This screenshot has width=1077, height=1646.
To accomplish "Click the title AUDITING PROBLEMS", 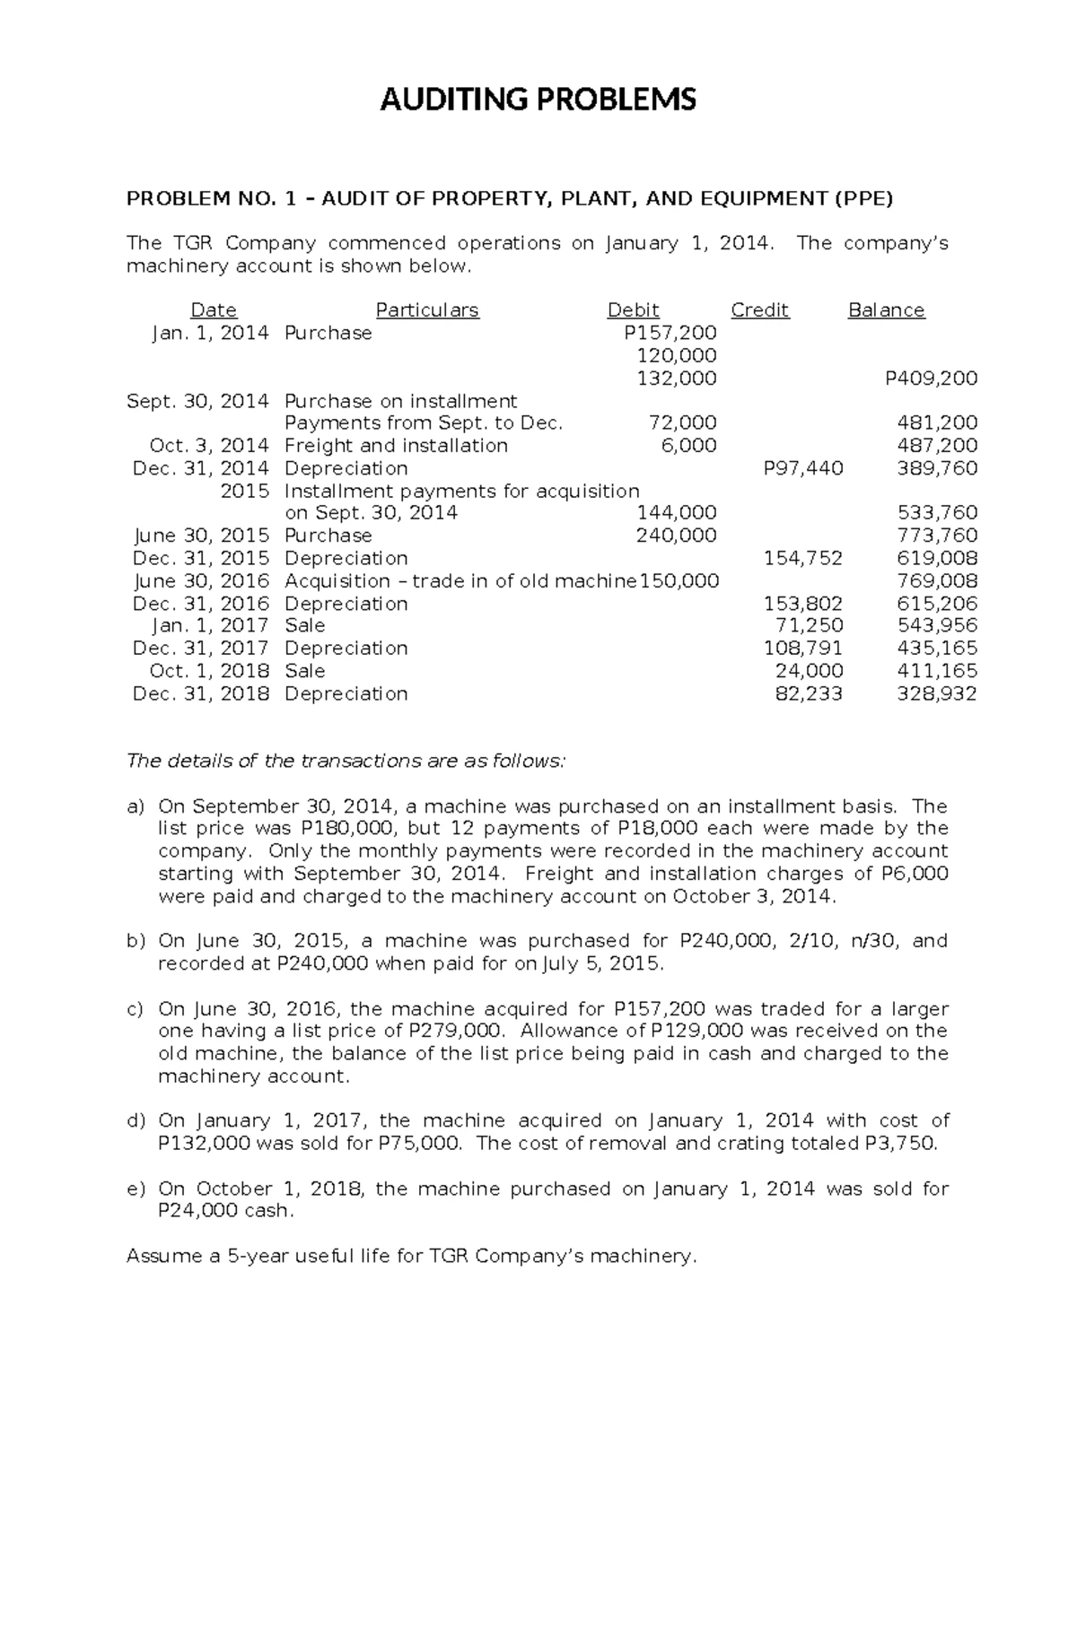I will tap(538, 100).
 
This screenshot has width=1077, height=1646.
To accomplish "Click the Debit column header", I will tap(633, 310).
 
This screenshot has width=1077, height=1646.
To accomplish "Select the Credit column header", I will tap(759, 310).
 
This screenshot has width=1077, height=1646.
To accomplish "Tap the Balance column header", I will tap(886, 310).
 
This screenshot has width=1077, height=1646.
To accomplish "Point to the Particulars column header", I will tap(427, 310).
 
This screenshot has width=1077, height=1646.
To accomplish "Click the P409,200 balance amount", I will tap(931, 379).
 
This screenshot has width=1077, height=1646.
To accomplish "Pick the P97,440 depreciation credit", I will tap(802, 468).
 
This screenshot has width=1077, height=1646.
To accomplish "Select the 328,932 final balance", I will tap(937, 693).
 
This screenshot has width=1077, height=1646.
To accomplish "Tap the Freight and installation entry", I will tap(396, 446).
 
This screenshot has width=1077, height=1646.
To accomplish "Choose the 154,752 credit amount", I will tap(802, 558).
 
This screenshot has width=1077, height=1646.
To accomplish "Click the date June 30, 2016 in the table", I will tap(201, 580).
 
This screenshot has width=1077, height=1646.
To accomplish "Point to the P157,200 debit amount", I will tap(670, 333).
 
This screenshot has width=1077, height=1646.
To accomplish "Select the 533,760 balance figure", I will tap(937, 513).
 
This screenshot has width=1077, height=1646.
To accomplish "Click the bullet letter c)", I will tap(135, 1009).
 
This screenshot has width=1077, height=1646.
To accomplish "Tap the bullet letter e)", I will tap(135, 1189).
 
